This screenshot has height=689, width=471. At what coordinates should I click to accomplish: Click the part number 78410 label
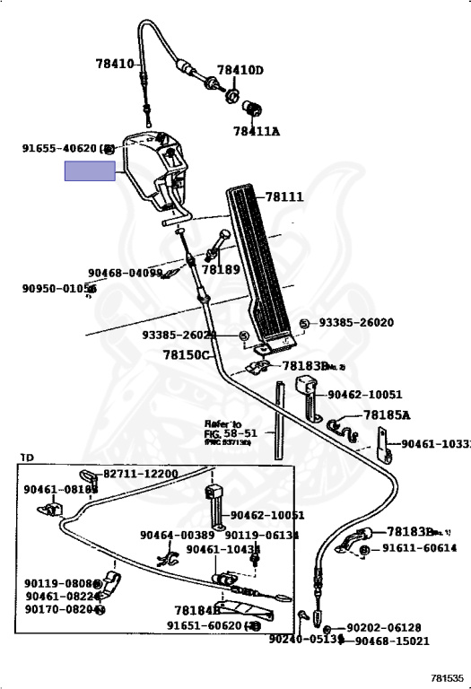point(114,64)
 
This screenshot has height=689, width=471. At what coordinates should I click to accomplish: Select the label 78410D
point(240,70)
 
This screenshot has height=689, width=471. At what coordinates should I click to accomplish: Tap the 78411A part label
point(257,131)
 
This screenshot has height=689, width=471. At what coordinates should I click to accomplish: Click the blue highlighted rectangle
point(90,170)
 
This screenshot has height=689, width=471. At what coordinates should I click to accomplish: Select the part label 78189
point(221,269)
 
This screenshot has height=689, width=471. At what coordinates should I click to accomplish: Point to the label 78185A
point(387,415)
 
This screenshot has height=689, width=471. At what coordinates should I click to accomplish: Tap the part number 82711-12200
point(140,474)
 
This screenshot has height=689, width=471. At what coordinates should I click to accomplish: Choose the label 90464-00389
point(177,535)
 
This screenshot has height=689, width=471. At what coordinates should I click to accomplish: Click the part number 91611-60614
point(420,548)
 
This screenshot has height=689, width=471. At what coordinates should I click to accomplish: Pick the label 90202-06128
point(383,627)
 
